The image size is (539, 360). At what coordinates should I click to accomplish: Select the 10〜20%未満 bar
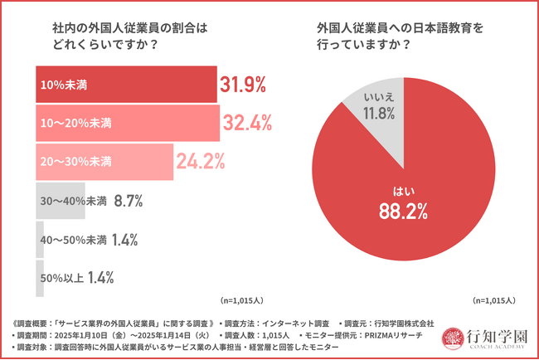pyautogui.click(x=128, y=123)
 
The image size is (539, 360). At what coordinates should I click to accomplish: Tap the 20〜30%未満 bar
pyautogui.click(x=104, y=161)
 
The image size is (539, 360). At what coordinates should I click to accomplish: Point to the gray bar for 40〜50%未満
pyautogui.click(x=40, y=239)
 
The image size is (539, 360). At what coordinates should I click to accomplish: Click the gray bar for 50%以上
pyautogui.click(x=40, y=278)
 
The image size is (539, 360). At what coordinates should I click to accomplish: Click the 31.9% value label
pyautogui.click(x=242, y=85)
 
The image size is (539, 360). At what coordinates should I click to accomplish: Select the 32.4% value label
pyautogui.click(x=246, y=123)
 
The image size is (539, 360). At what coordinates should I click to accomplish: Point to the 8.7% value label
pyautogui.click(x=131, y=200)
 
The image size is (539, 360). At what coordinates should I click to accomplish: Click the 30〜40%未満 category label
pyautogui.click(x=74, y=200)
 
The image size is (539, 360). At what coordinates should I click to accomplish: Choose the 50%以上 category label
pyautogui.click(x=62, y=278)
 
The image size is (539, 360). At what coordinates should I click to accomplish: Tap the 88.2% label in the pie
pyautogui.click(x=404, y=212)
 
